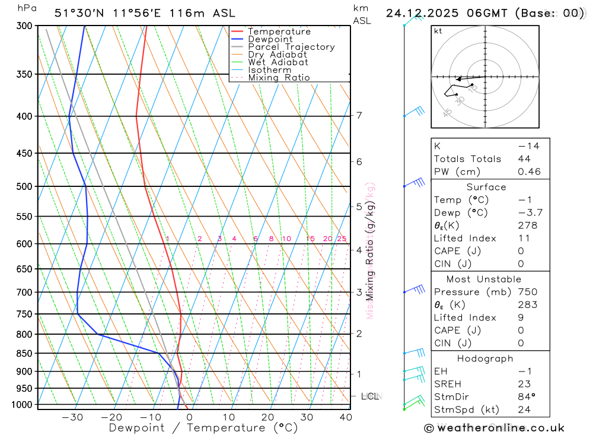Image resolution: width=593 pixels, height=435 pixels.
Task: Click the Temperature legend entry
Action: [x=279, y=31]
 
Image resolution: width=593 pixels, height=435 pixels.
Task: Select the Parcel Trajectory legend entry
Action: [x=291, y=47]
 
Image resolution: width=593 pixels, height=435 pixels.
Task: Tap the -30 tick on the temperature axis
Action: [x=72, y=417]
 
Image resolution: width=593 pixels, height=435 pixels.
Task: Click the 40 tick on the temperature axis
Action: [x=346, y=417]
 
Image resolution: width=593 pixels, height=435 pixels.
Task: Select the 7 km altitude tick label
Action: [x=359, y=115]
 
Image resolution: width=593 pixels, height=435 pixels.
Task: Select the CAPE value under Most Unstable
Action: [x=520, y=331]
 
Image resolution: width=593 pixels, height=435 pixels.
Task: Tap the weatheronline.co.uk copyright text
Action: [x=494, y=428]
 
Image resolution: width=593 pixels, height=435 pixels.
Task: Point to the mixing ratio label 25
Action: [x=342, y=239]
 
